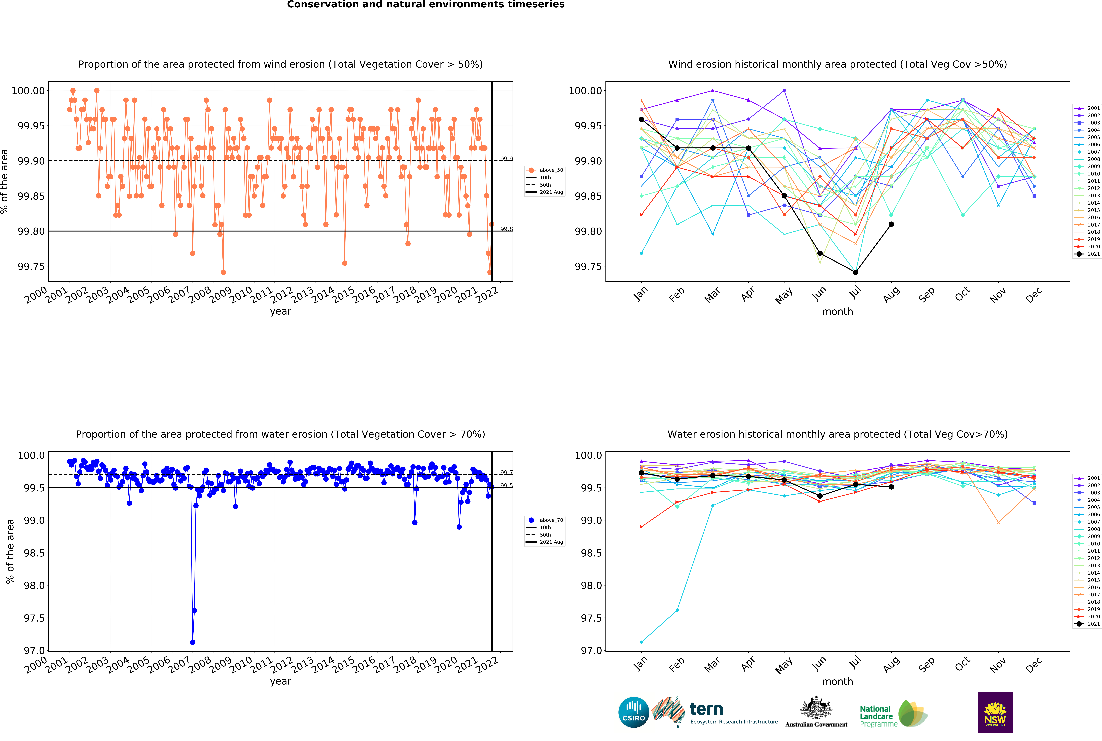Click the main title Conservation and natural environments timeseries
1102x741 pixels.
426,5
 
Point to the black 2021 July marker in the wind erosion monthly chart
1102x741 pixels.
855,272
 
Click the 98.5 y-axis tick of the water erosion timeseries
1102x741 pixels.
34,553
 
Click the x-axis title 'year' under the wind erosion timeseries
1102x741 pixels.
281,311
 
